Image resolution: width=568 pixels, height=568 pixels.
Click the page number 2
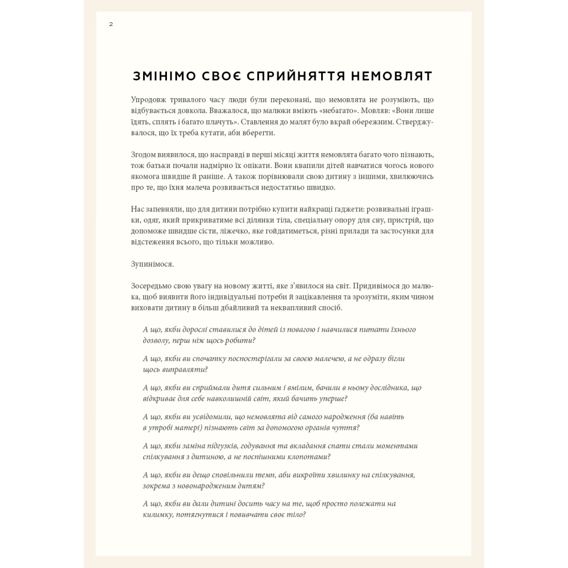point(111,24)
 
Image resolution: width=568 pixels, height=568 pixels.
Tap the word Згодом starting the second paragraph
point(144,154)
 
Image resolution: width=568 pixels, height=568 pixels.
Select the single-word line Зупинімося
point(152,264)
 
